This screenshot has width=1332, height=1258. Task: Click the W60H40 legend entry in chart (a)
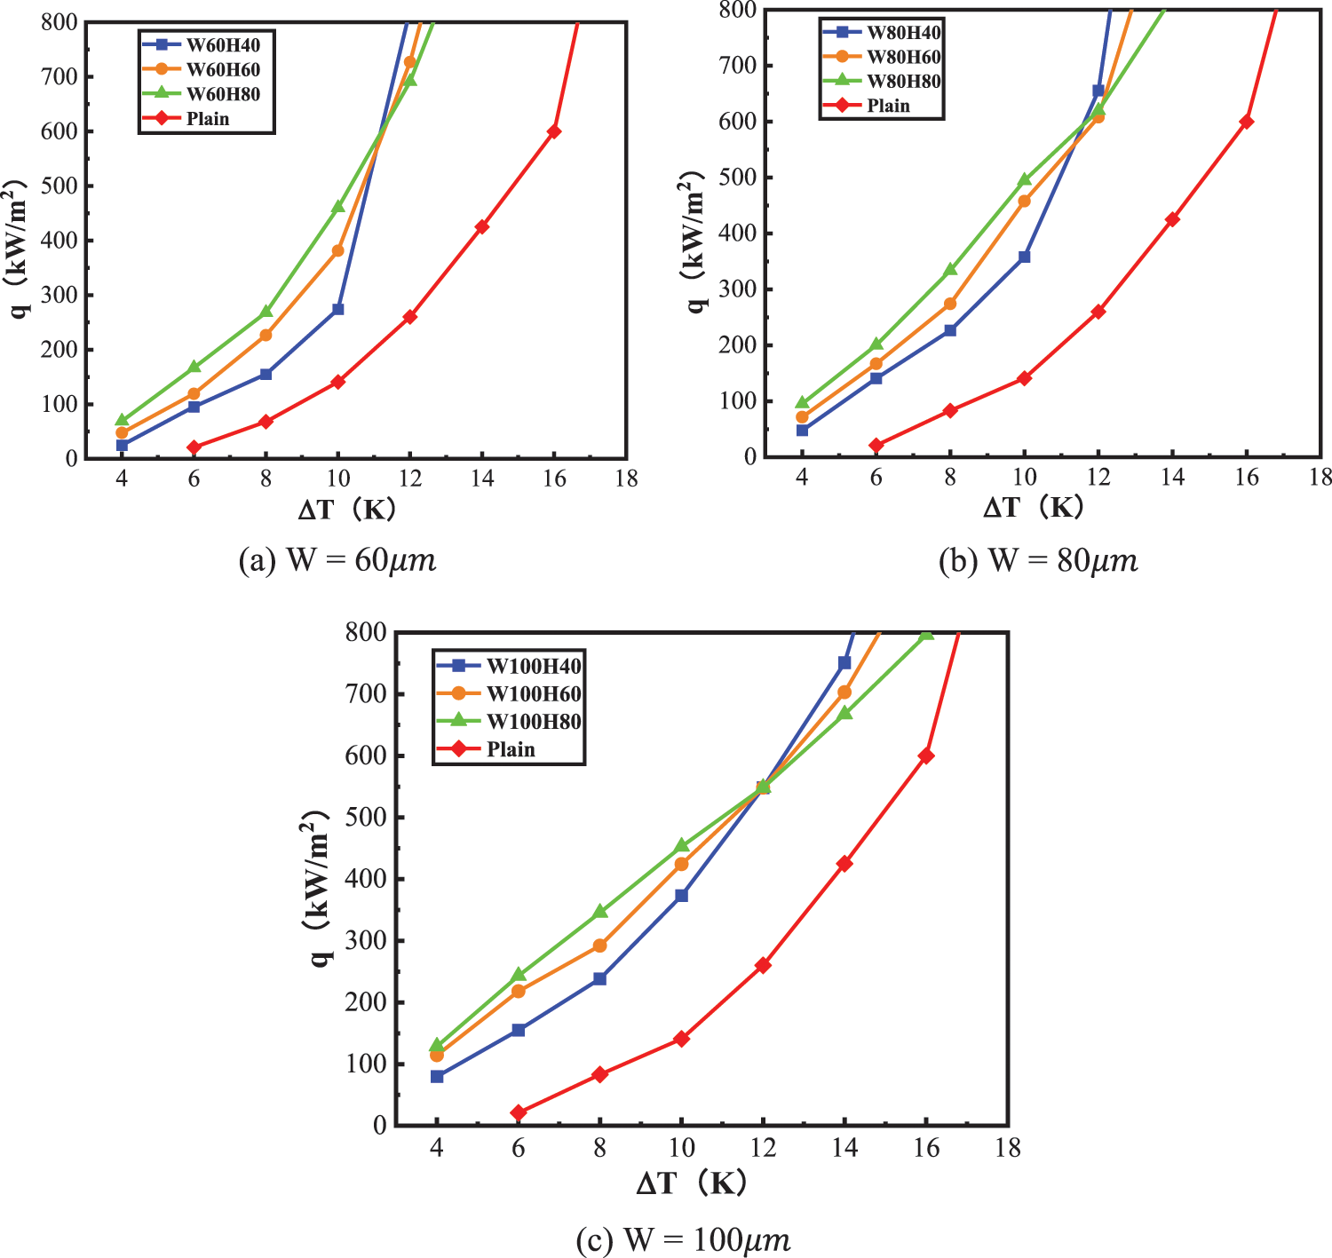[x=222, y=45]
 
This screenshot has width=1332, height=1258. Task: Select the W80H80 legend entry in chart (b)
[x=903, y=82]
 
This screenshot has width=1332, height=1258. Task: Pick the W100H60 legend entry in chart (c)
[x=534, y=693]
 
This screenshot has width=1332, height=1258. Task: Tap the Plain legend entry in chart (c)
[x=511, y=749]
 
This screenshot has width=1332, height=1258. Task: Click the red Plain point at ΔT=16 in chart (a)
[x=554, y=131]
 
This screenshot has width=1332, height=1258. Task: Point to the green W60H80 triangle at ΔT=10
[x=337, y=206]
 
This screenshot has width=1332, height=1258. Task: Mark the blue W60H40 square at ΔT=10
[x=337, y=309]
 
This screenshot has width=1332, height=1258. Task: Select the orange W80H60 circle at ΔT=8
[x=950, y=304]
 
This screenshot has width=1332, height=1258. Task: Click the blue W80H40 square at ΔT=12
[x=1098, y=91]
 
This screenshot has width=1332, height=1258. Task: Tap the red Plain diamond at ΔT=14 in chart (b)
[x=1172, y=219]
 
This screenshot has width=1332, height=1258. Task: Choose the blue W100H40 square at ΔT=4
[x=437, y=1076]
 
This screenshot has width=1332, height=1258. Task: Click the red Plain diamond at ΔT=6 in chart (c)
[x=519, y=1112]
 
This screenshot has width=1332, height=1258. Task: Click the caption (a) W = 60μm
[x=337, y=560]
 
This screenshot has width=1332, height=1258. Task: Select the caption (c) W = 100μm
[x=682, y=1239]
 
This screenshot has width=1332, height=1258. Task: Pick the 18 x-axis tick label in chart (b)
[x=1320, y=478]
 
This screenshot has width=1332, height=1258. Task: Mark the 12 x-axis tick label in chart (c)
[x=763, y=1148]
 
